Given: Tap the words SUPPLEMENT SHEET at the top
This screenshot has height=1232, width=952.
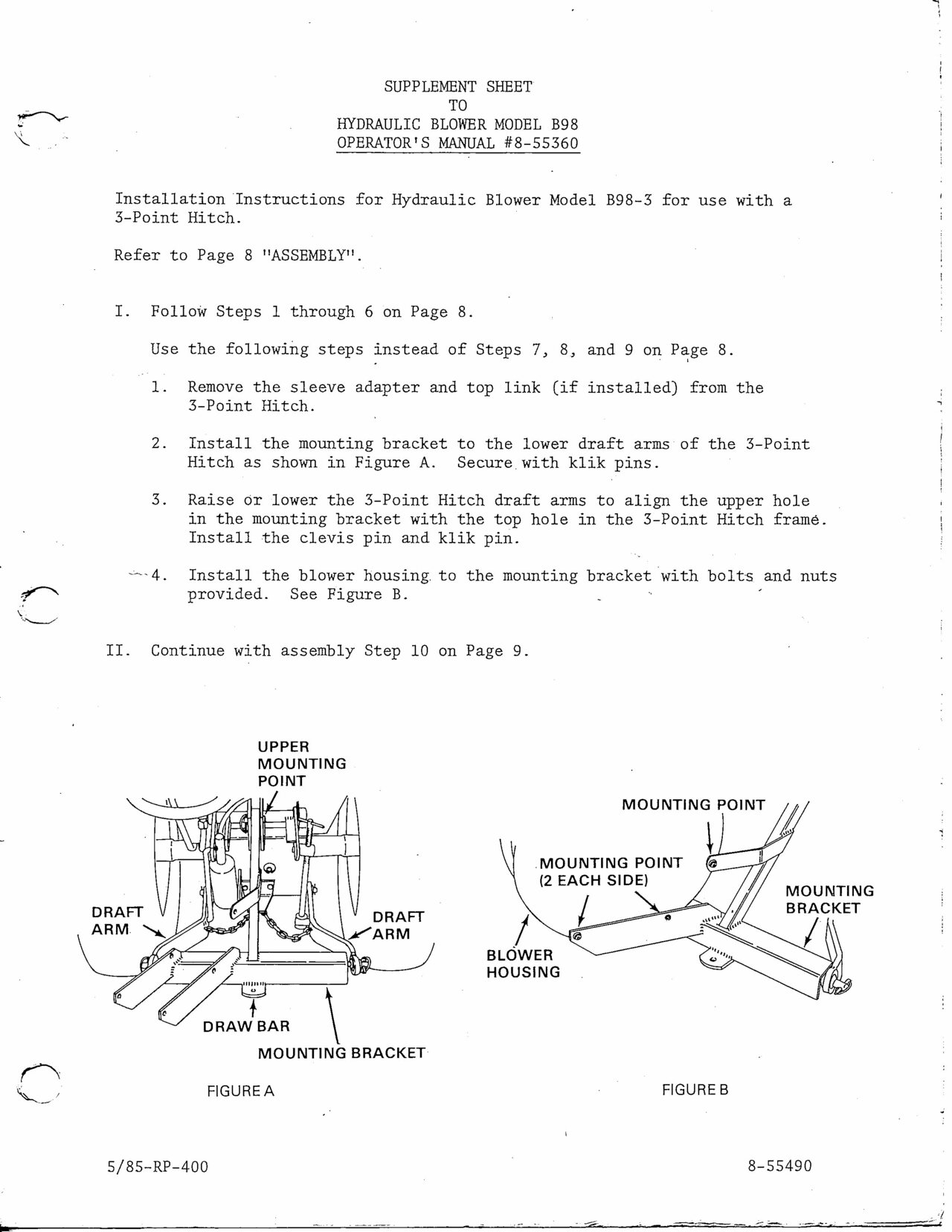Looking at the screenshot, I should tap(457, 86).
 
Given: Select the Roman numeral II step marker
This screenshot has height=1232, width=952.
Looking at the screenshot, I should tap(119, 651).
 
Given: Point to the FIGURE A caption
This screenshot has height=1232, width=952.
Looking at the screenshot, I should tap(240, 1091).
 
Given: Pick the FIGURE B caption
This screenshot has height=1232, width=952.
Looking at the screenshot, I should tap(695, 1090).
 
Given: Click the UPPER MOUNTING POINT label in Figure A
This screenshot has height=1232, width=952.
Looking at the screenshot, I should tap(301, 764).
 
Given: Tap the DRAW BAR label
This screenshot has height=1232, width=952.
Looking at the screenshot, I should tap(246, 1026).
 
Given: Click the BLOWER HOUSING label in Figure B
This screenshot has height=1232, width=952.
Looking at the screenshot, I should tap(523, 963).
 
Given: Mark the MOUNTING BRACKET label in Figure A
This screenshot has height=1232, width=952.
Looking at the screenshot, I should tap(341, 1053).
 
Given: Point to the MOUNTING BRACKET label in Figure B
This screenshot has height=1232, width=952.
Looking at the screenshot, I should tap(829, 899).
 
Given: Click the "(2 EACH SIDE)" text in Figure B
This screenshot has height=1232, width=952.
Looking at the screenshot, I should tap(594, 880).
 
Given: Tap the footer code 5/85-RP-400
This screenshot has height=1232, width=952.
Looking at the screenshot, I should tap(158, 1166).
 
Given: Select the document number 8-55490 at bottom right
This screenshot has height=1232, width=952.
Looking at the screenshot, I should tap(779, 1165).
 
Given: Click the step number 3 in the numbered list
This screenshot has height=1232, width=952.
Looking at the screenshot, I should tap(158, 500).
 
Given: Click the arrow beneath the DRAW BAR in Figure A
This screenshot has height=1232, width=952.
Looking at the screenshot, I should tap(254, 1010).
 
